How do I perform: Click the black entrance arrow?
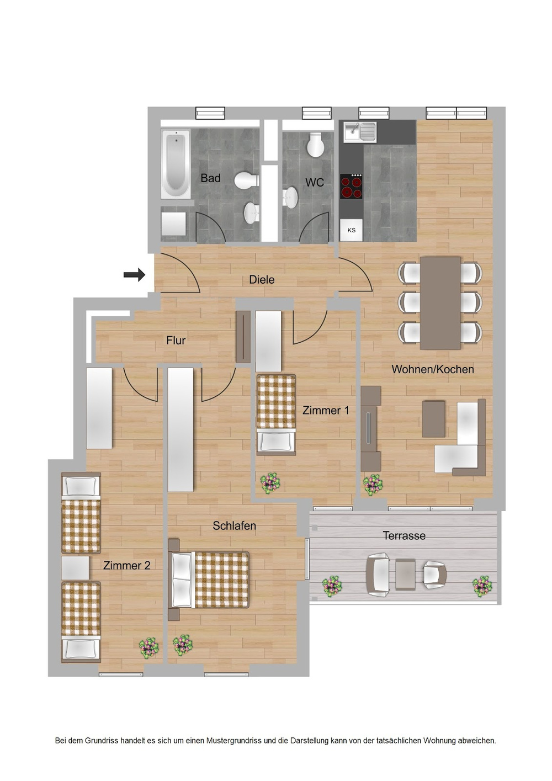point(134,274)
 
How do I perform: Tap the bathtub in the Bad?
point(176,164)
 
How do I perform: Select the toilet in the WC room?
point(316,145)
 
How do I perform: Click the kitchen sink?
point(359,132)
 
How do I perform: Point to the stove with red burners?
point(351,186)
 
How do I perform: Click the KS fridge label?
point(352,230)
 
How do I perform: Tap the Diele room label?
point(262,280)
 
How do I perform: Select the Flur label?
point(176,341)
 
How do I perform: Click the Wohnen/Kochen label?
point(433,369)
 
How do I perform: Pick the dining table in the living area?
point(440,303)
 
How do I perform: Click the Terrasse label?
point(404,536)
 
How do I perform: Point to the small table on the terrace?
point(405,575)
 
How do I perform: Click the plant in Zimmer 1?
point(270,483)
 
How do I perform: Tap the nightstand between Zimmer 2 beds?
point(75,568)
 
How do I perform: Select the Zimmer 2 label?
point(126,566)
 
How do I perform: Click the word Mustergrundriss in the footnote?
point(234,741)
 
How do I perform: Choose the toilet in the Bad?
point(247,180)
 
